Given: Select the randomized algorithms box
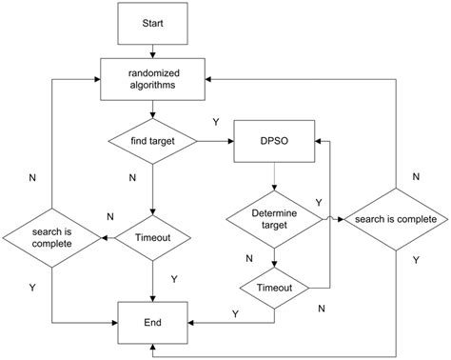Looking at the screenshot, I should pyautogui.click(x=153, y=77).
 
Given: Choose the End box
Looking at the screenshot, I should pyautogui.click(x=153, y=322).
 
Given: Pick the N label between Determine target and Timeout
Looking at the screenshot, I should pyautogui.click(x=250, y=257).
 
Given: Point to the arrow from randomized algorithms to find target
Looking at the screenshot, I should pyautogui.click(x=153, y=109).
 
